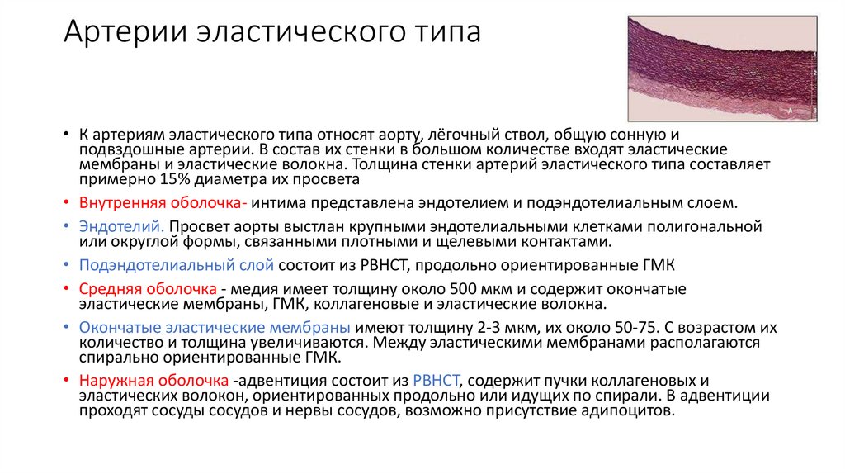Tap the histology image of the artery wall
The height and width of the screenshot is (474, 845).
click(722, 68)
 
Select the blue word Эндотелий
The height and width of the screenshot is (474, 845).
click(122, 226)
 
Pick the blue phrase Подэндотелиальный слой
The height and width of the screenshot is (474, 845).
click(177, 266)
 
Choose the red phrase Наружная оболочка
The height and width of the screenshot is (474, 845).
click(153, 381)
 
